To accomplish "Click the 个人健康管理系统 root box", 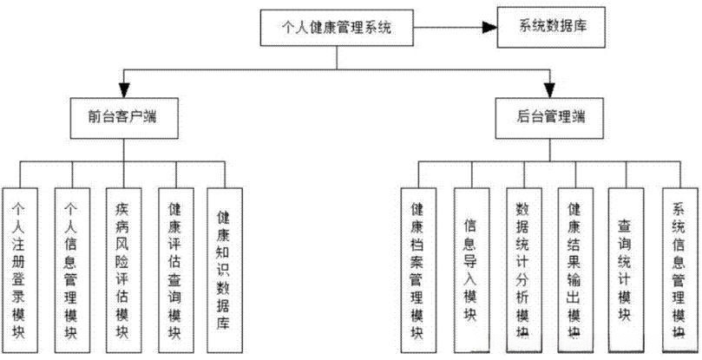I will tap(337, 29).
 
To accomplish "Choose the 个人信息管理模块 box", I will tap(71, 265).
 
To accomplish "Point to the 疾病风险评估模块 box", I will tap(122, 265).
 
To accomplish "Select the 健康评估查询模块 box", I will tap(174, 265).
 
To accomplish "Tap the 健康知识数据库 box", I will tap(223, 265).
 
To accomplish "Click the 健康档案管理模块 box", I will tap(417, 265).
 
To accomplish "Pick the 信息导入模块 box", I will tap(469, 265).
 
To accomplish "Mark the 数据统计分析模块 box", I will tap(522, 265).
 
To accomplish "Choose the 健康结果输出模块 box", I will tap(573, 265).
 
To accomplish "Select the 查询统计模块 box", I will tap(625, 265).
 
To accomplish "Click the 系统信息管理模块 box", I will tap(678, 265).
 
